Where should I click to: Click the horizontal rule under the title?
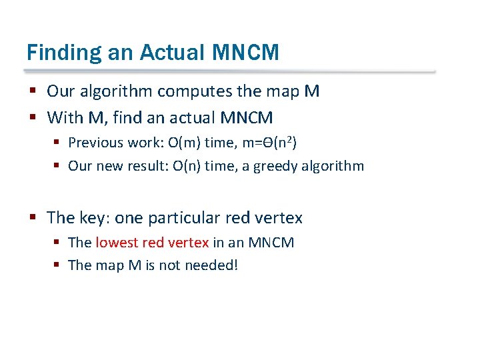tap(230, 71)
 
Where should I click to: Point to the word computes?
tap(189, 91)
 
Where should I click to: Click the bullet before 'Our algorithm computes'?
tap(32, 91)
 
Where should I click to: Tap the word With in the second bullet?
tap(65, 118)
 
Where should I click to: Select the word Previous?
tap(95, 142)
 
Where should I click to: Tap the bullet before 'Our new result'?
tap(57, 165)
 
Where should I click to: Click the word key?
tap(93, 217)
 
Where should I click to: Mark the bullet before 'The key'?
tap(32, 217)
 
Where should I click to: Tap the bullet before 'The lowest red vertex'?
tap(57, 242)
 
